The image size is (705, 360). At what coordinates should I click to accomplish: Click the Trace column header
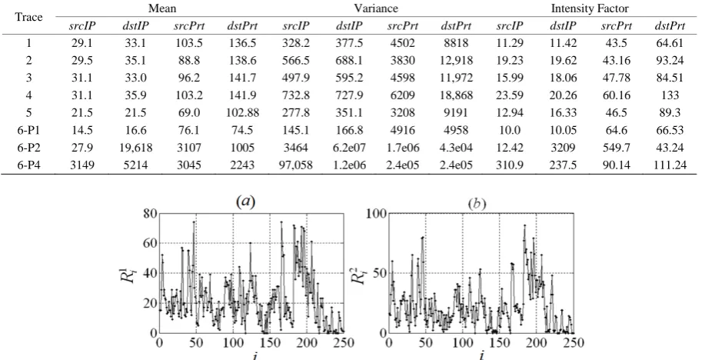(28, 17)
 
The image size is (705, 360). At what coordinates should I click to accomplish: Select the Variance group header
(376, 8)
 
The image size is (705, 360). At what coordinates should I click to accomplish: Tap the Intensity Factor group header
(590, 8)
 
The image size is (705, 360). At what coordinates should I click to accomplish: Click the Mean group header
(162, 8)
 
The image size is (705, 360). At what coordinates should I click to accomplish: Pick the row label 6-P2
(28, 148)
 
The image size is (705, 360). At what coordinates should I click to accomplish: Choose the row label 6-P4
(28, 165)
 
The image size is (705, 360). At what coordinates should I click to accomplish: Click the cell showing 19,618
(135, 148)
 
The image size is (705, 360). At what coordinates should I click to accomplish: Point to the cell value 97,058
(295, 165)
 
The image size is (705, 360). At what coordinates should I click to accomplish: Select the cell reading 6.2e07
(349, 148)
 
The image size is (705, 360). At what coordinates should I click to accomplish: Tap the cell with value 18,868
(456, 95)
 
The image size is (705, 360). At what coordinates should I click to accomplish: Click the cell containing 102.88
(243, 113)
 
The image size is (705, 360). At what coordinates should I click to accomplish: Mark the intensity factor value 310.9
(510, 165)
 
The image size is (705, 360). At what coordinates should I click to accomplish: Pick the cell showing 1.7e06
(403, 148)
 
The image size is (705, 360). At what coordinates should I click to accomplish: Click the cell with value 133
(670, 95)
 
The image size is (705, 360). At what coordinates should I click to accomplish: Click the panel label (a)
(245, 202)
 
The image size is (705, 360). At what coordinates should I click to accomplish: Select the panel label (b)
(477, 205)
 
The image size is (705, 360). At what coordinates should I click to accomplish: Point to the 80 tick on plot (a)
(150, 214)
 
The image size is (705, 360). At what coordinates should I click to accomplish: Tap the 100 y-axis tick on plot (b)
(376, 213)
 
